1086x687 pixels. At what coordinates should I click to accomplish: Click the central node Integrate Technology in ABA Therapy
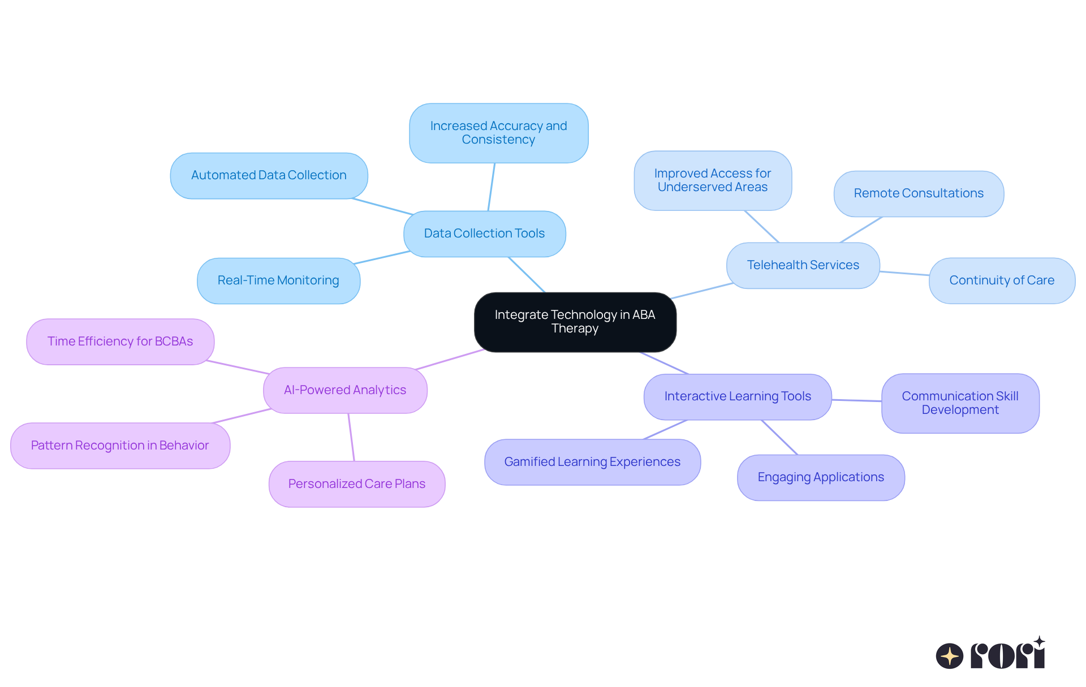(575, 322)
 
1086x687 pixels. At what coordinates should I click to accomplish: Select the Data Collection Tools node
(484, 234)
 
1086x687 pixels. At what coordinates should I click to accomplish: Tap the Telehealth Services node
(803, 265)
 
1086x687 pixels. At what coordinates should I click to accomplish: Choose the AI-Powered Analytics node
(345, 390)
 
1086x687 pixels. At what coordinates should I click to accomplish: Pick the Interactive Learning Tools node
(737, 396)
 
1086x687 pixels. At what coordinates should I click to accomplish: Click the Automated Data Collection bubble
(269, 175)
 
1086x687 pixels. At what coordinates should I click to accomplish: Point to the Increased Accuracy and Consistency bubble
(498, 133)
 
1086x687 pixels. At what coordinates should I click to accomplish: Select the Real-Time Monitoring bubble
(278, 280)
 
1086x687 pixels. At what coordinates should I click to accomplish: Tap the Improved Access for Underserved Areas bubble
(712, 180)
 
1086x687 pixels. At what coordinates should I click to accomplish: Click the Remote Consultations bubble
(919, 193)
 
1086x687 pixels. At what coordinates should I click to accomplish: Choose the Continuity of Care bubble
(1001, 280)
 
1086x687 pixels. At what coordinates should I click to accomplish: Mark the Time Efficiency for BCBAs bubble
(120, 342)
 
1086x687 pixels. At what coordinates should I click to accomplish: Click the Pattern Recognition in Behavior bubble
(120, 446)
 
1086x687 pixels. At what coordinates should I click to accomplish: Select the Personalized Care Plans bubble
(356, 484)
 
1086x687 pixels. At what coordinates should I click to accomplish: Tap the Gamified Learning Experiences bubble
(592, 462)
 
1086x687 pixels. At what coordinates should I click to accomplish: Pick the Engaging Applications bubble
(820, 477)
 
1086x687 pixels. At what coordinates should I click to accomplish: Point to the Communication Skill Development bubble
(960, 403)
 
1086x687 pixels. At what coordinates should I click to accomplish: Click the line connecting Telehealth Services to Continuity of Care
(904, 273)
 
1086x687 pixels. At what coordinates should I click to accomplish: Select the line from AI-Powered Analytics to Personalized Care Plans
(351, 437)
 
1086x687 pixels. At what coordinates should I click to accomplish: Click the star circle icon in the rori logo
(949, 656)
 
